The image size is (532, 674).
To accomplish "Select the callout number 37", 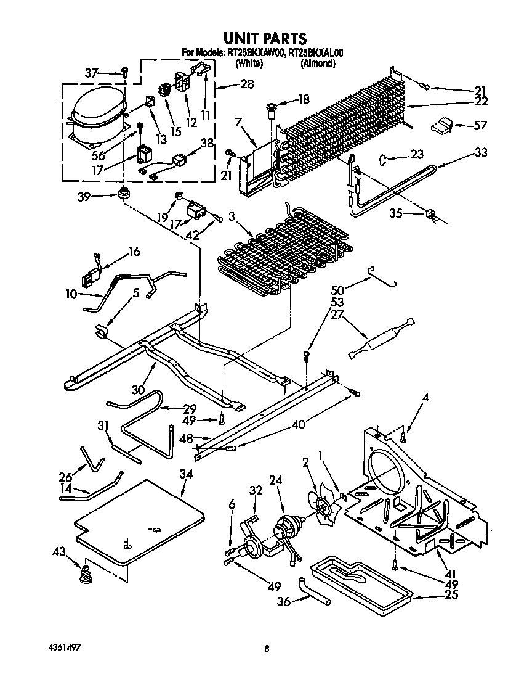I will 91,73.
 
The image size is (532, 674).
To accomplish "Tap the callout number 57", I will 480,126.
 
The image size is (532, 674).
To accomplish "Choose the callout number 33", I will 480,152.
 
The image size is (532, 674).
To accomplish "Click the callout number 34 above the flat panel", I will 186,474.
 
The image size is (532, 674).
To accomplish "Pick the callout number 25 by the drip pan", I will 454,595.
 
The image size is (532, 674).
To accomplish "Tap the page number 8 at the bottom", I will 267,649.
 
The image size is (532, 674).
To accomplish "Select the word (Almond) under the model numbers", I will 318,64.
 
